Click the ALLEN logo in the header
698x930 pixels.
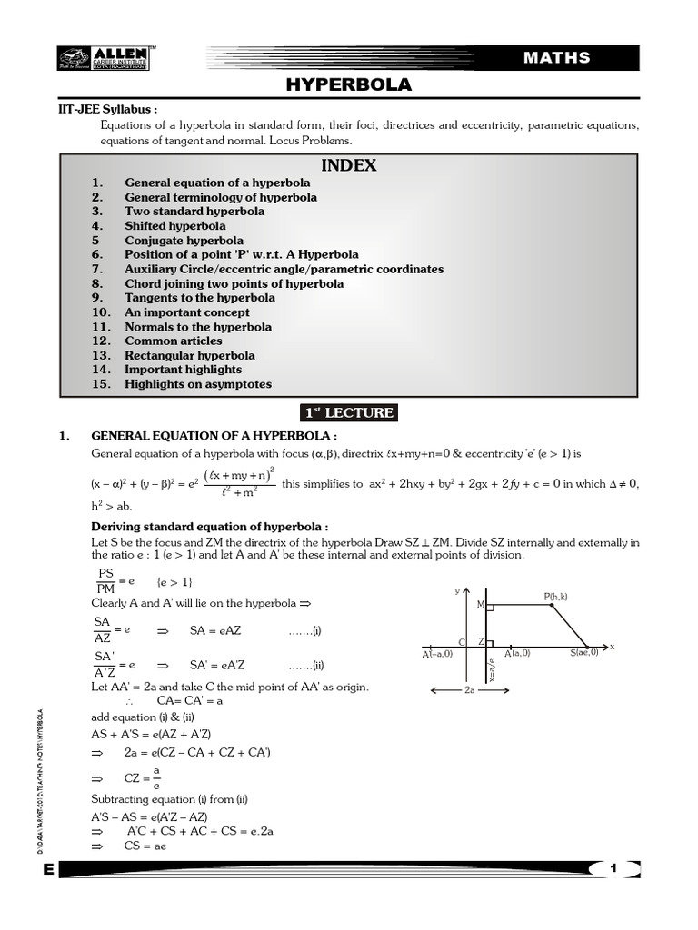tap(103, 57)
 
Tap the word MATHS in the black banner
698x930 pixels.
tap(556, 58)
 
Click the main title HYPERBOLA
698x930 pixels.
tap(349, 85)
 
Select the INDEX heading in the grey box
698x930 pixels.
tap(349, 166)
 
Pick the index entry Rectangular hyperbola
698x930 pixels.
tap(190, 355)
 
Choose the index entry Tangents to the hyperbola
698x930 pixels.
tap(200, 298)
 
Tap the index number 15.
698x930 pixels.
tap(101, 384)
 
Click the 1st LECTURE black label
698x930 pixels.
tap(349, 413)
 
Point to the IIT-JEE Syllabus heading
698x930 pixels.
tap(103, 109)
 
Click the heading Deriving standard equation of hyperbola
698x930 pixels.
tap(210, 527)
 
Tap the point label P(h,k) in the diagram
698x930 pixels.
tap(555, 597)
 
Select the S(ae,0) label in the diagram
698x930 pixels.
tap(584, 653)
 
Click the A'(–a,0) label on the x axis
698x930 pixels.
tap(438, 654)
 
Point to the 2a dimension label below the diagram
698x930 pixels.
tap(470, 691)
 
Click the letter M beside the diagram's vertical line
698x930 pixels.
tap(480, 603)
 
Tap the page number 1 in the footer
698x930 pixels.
tap(613, 869)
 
